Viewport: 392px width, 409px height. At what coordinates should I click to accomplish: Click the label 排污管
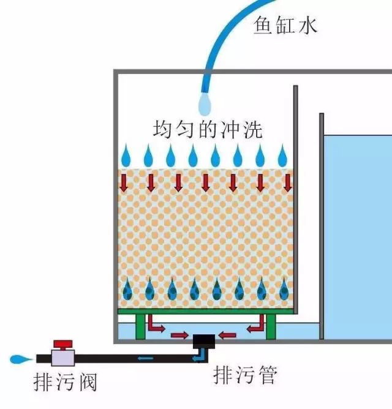(x=245, y=373)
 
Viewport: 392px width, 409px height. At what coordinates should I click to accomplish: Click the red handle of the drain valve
(x=63, y=344)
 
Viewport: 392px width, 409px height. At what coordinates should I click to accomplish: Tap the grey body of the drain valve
(x=62, y=358)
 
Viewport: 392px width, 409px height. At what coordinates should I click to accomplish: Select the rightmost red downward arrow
(x=287, y=182)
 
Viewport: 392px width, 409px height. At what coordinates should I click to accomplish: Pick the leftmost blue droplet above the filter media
(x=126, y=156)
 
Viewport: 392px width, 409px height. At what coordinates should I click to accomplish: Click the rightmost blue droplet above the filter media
(x=282, y=156)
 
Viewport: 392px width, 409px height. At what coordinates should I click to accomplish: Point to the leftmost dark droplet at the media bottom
(x=127, y=289)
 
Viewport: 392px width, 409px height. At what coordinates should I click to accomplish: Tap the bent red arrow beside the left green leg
(x=157, y=325)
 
